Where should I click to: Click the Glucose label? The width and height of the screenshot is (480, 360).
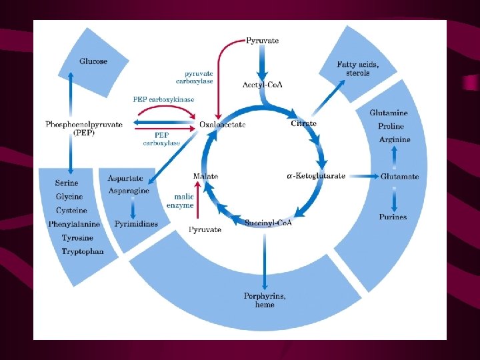coord(93,61)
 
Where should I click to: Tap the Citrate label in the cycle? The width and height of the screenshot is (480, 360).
coord(303,123)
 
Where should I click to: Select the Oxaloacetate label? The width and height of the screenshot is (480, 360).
coord(223,124)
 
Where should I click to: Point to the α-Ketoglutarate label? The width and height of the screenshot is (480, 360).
coord(316,176)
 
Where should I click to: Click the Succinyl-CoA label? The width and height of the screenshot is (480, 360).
coord(268,222)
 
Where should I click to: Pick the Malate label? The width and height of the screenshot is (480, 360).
coord(205,176)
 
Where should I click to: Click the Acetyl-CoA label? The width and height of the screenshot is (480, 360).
coord(262,85)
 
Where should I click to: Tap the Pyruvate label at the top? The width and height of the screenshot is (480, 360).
coord(263,41)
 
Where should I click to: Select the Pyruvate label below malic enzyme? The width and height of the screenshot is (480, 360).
coord(205,229)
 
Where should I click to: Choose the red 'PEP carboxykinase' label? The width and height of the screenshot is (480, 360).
coord(163,99)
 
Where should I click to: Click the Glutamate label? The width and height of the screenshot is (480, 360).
coord(400,177)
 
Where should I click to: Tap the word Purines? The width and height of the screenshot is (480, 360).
coord(393,217)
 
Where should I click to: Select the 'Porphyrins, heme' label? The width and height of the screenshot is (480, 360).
coord(265,300)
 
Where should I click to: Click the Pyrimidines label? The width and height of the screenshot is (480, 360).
coord(136,224)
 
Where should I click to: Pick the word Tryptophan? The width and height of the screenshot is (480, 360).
coord(83,251)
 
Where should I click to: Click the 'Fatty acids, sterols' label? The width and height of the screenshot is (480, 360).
coord(358,69)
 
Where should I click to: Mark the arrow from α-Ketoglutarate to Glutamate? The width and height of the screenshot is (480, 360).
coord(363,176)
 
